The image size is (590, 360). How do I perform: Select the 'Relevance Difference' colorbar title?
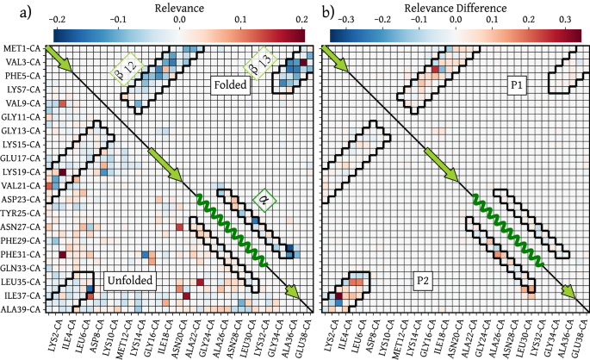point(453,9)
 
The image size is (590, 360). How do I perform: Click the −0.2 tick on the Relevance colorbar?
point(57,17)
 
